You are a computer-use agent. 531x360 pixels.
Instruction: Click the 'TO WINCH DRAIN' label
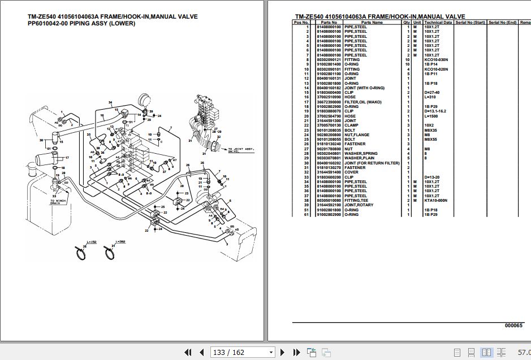59,201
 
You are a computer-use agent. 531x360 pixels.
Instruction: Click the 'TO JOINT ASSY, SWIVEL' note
240,150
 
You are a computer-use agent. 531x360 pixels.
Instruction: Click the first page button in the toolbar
188,353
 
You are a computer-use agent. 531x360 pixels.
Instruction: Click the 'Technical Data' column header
438,22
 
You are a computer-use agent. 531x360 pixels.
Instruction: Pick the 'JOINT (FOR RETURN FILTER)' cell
371,163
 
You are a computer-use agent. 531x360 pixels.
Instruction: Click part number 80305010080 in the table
328,200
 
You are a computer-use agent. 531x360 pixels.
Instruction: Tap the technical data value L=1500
431,116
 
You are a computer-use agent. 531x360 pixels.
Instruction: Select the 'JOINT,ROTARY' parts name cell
359,205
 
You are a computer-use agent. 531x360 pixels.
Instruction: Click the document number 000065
513,326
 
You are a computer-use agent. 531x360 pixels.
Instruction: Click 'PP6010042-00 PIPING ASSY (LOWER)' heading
81,24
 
